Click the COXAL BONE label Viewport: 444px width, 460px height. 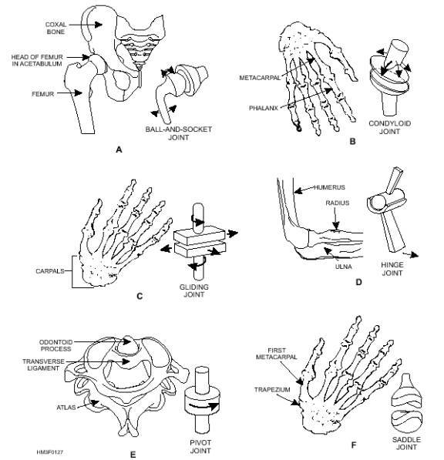[55, 29]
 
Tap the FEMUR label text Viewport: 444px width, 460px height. [43, 94]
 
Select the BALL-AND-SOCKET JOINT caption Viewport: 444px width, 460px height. [178, 133]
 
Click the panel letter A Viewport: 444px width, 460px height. [119, 149]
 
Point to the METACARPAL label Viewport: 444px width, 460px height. [260, 78]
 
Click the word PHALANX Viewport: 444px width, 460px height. [264, 108]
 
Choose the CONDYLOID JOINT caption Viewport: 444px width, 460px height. [390, 127]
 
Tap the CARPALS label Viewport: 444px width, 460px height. [50, 271]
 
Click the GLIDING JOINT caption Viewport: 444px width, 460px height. [194, 290]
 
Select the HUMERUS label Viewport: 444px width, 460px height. [330, 187]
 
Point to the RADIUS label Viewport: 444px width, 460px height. [338, 203]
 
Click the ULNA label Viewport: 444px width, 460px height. [343, 267]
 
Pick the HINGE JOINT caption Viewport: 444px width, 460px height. [392, 269]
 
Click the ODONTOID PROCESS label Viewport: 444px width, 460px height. [55, 346]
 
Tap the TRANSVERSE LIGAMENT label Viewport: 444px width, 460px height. [43, 365]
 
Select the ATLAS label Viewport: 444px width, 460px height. [66, 408]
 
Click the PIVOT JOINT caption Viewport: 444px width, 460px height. [200, 446]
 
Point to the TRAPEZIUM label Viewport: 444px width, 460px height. [272, 390]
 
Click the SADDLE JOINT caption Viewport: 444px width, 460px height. [406, 443]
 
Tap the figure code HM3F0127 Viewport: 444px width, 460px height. [50, 452]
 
